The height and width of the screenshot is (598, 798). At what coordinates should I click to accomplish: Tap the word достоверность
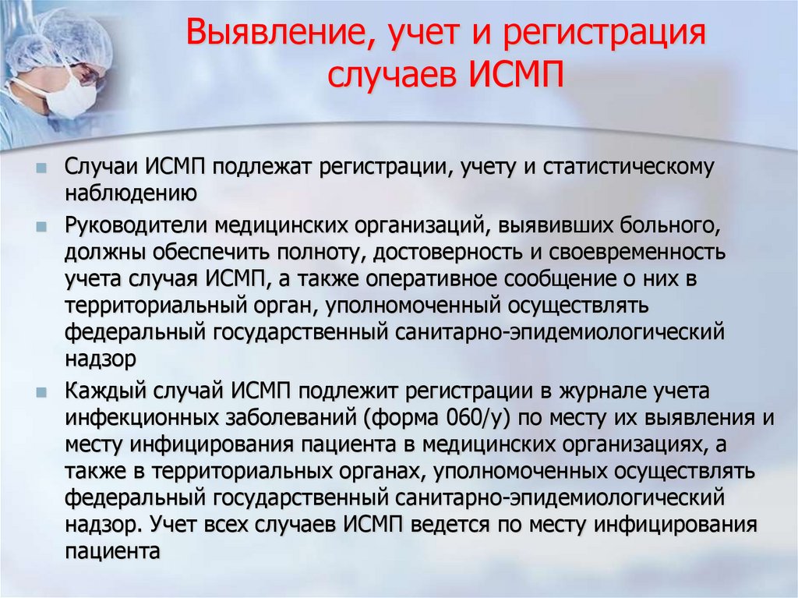tap(445, 253)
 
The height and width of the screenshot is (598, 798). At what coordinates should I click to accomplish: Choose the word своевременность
tap(633, 253)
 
